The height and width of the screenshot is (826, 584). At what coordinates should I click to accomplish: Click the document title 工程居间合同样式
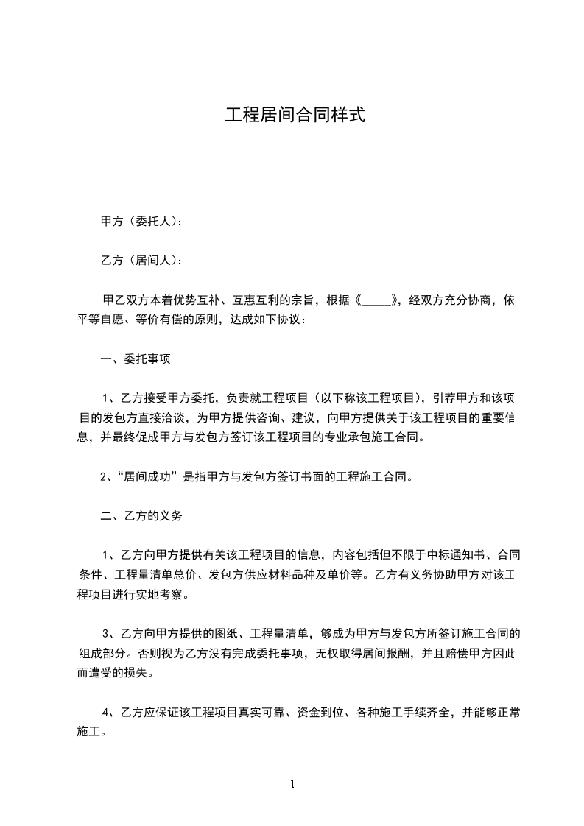coord(295,116)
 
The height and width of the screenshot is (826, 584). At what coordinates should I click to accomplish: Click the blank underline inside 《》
coord(377,300)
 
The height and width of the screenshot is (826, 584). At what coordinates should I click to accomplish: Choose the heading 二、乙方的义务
coord(141,516)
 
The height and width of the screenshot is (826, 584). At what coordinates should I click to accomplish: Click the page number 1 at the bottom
coord(292,784)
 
